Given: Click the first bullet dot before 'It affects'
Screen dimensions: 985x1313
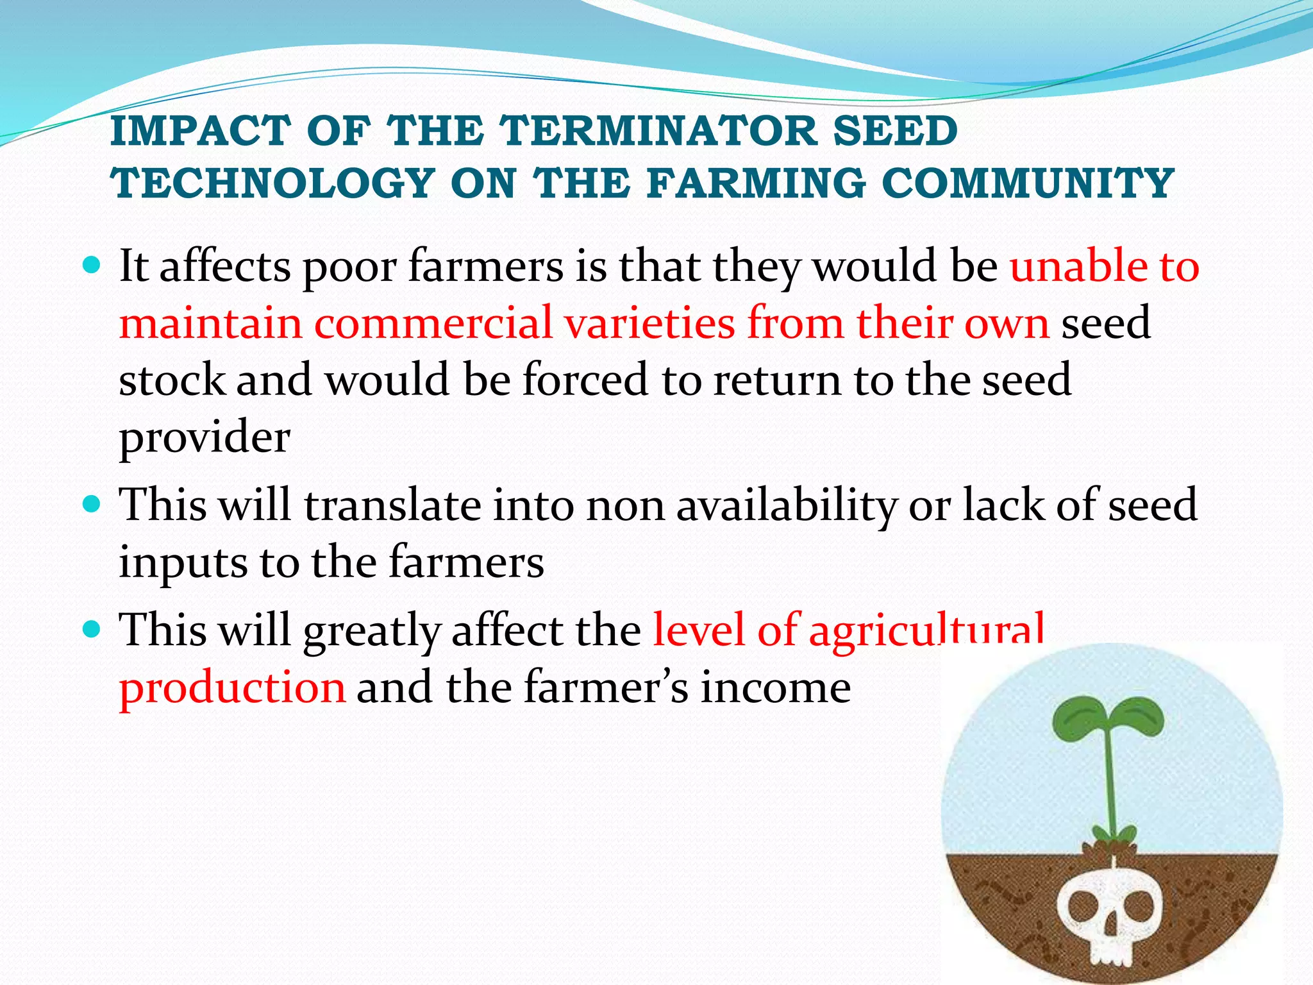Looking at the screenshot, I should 92,264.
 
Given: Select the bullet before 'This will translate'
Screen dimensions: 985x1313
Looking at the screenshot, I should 92,504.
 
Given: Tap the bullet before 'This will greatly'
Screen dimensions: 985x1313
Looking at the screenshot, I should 92,629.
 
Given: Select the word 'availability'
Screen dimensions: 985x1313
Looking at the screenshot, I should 787,505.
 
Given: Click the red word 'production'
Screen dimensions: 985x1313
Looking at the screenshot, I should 232,687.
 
